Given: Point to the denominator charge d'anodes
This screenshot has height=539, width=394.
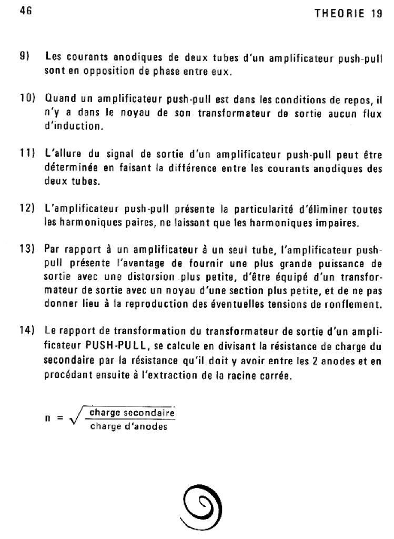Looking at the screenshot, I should point(129,426).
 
